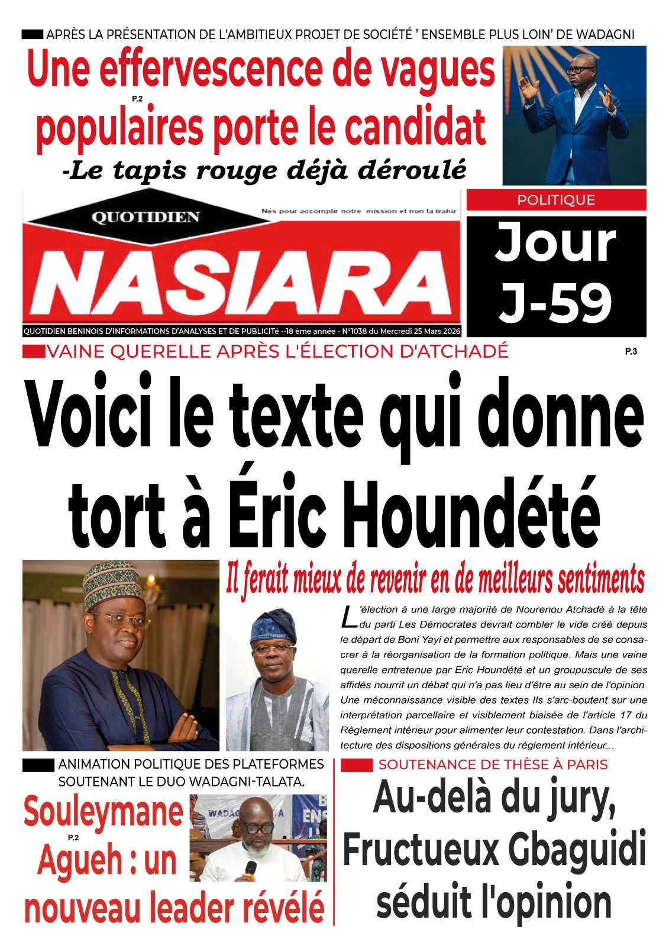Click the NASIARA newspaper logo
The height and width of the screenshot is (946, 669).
coord(241,282)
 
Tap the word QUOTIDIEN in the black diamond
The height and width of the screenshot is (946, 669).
coord(145,218)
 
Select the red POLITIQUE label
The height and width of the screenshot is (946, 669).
coord(556,200)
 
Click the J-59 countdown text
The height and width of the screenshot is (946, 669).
coord(555,303)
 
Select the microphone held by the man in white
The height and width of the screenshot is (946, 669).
coord(251,869)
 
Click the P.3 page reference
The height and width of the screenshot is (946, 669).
coord(631,352)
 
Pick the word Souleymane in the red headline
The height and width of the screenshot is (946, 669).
coord(103,811)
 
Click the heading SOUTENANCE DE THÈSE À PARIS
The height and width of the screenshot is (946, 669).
coord(493,764)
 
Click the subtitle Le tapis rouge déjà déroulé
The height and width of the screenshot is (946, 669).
coord(264,170)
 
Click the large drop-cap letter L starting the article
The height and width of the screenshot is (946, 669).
coord(348,617)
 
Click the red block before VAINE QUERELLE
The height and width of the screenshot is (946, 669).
coord(34,352)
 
